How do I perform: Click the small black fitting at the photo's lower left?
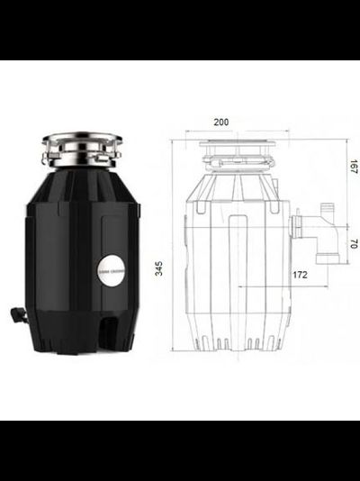pyautogui.click(x=18, y=315)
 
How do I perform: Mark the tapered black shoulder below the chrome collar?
pyautogui.click(x=81, y=185)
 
